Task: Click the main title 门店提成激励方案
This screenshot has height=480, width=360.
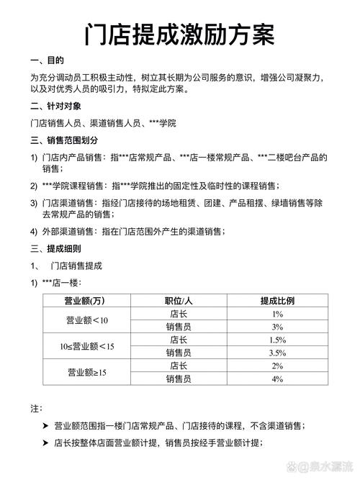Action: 179,33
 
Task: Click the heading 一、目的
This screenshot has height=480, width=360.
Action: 48,60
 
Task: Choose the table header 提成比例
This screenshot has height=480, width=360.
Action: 277,300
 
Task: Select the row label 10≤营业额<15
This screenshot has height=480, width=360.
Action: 87,346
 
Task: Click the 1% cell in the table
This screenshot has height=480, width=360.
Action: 277,314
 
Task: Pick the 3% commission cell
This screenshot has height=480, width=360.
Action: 277,327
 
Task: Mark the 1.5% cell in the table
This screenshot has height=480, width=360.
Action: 277,340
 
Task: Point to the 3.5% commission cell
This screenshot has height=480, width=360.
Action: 277,353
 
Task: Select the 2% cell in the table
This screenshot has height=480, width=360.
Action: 277,366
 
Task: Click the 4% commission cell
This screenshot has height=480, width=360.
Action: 277,379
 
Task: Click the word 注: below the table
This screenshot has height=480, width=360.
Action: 36,408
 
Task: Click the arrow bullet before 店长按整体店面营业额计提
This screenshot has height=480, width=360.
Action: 45,443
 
